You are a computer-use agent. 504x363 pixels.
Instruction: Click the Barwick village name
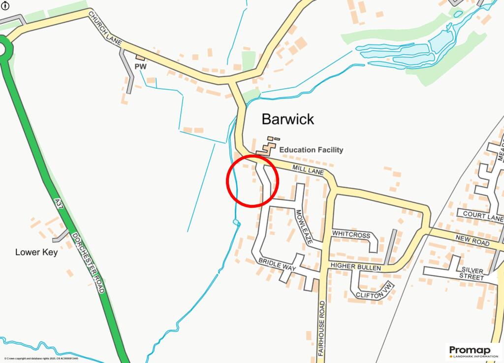pyautogui.click(x=287, y=119)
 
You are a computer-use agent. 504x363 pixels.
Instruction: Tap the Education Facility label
pyautogui.click(x=311, y=150)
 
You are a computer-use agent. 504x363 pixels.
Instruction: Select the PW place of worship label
pyautogui.click(x=141, y=66)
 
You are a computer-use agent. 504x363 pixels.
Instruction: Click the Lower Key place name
pyautogui.click(x=36, y=252)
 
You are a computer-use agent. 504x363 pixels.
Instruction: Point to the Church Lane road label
pyautogui.click(x=105, y=29)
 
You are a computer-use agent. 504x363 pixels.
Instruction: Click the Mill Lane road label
pyautogui.click(x=308, y=170)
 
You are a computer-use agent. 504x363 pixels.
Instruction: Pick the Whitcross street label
pyautogui.click(x=351, y=235)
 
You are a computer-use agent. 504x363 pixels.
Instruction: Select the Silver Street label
pyautogui.click(x=472, y=273)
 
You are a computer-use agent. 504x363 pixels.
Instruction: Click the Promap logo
pyautogui.click(x=473, y=351)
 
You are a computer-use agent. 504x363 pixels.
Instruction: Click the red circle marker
pyautogui.click(x=252, y=180)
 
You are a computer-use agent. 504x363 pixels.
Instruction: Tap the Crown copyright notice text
pyautogui.click(x=41, y=359)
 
